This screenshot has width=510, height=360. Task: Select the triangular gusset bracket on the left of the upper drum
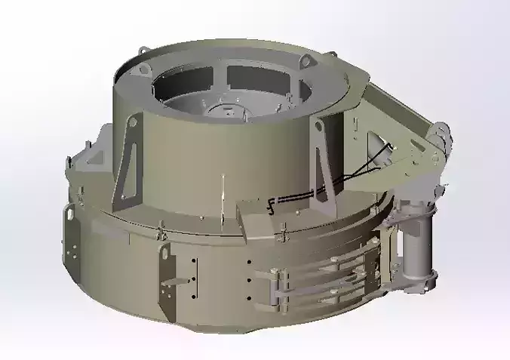127,162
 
